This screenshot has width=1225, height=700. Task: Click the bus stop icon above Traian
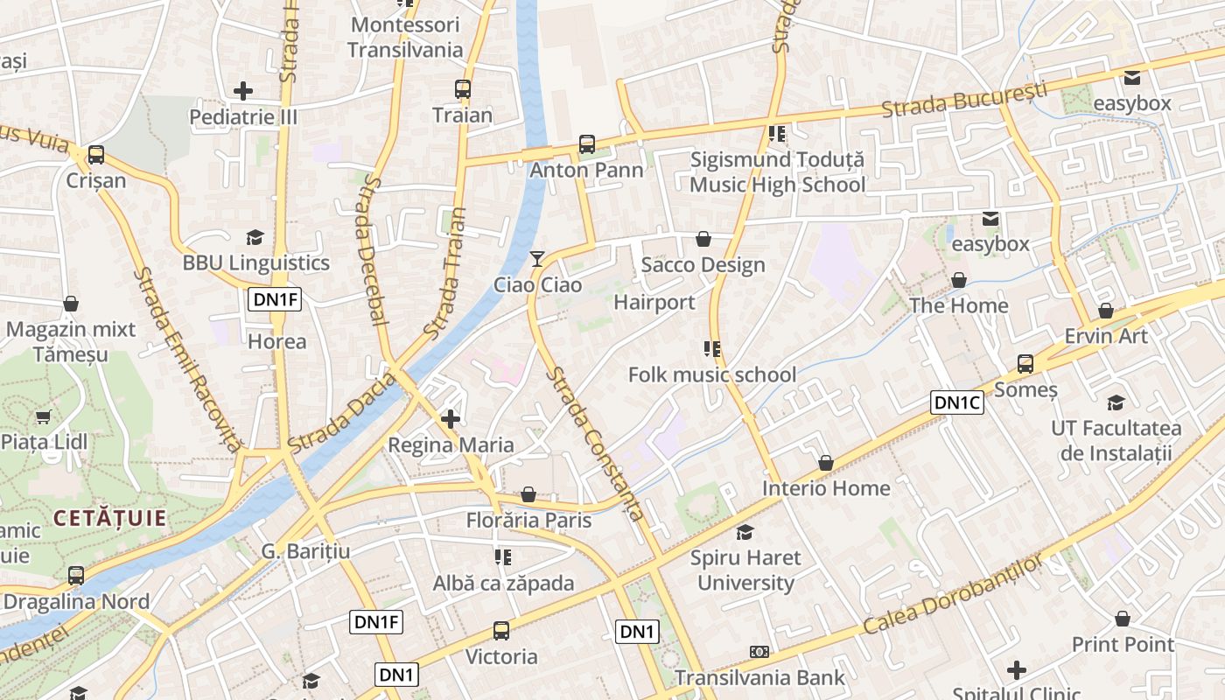click(x=463, y=89)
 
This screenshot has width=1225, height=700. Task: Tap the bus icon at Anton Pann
click(x=586, y=144)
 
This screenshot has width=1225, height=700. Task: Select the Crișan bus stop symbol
click(x=96, y=156)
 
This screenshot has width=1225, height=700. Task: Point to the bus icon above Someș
click(x=1025, y=364)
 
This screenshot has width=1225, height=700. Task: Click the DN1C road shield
click(x=957, y=402)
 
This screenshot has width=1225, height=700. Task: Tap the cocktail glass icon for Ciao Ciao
click(x=537, y=259)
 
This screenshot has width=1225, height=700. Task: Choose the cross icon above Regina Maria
click(x=451, y=419)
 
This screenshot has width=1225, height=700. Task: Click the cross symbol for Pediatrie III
click(x=243, y=90)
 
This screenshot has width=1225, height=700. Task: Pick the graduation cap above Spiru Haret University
click(x=745, y=532)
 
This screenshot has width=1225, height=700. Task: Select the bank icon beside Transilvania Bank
click(x=759, y=652)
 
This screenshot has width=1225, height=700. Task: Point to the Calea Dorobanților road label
click(x=953, y=595)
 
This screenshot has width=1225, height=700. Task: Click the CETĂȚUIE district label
click(x=109, y=518)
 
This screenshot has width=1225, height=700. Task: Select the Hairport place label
click(x=654, y=303)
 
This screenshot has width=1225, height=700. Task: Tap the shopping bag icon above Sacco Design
click(x=703, y=239)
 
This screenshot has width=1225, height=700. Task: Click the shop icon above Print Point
click(x=1123, y=619)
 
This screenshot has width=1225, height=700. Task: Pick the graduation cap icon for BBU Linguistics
click(x=255, y=237)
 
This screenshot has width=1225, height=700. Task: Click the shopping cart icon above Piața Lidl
click(x=43, y=416)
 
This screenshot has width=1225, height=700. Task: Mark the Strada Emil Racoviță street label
click(x=186, y=360)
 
